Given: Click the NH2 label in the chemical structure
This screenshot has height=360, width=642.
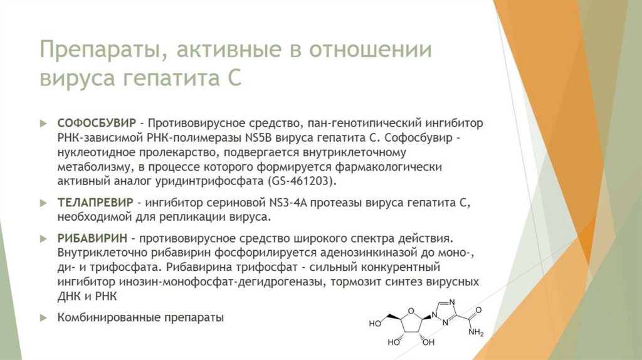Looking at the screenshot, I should [x=476, y=332].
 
